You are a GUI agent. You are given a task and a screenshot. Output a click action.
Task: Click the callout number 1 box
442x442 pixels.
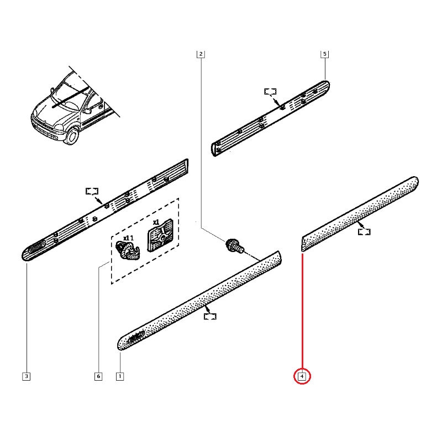pos(119,377)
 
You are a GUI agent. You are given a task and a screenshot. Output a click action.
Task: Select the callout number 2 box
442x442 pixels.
pos(201,54)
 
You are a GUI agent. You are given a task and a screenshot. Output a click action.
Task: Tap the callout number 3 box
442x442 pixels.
pos(27,377)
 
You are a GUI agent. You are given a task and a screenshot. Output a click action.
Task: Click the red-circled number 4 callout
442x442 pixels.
pos(302,377)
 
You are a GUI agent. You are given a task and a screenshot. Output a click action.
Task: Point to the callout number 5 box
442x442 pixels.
pos(324,54)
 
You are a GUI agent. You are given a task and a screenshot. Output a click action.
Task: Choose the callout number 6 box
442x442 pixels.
pos(98,377)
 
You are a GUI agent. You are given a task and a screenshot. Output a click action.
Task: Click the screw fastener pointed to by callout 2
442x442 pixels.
pos(233,245)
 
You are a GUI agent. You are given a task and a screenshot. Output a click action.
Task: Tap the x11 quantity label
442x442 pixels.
pos(128,238)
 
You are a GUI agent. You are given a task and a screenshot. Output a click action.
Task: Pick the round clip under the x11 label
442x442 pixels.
pos(129,251)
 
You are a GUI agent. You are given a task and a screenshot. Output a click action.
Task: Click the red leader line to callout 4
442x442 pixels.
pos(302,309)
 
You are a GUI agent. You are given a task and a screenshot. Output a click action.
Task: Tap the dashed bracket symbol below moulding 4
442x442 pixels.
pos(364,231)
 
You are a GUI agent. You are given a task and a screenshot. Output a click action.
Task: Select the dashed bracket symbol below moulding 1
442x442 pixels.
pos(210,316)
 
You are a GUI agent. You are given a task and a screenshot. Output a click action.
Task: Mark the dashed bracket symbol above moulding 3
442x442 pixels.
pos(92,191)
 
